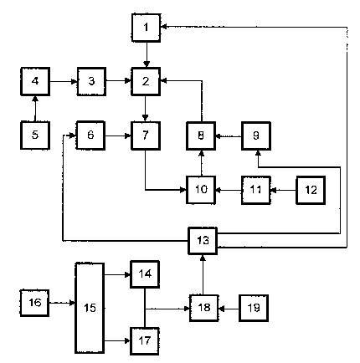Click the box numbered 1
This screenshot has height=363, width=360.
click(146, 28)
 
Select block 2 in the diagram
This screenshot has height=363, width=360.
click(146, 81)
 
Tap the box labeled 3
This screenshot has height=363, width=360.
click(91, 81)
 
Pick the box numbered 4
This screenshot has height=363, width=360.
click(35, 81)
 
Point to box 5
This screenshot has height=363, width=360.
click(35, 135)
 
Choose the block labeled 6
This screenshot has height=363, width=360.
click(90, 135)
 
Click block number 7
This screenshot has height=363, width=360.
click(146, 135)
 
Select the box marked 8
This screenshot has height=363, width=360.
click(201, 135)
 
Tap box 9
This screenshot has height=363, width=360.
click(256, 135)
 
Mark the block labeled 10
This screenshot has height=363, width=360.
click(201, 190)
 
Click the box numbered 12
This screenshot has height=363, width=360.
click(311, 190)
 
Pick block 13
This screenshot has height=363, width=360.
click(203, 241)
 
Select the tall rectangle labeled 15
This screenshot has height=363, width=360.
click(90, 308)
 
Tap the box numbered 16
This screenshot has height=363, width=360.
click(34, 303)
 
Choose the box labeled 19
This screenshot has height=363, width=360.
click(254, 308)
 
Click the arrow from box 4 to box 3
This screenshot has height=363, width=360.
click(64, 81)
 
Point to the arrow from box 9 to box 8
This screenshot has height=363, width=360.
click(229, 136)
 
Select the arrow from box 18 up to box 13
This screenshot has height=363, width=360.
click(203, 275)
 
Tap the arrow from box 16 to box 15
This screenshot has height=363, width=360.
click(62, 303)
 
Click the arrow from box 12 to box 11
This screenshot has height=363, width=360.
click(284, 190)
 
